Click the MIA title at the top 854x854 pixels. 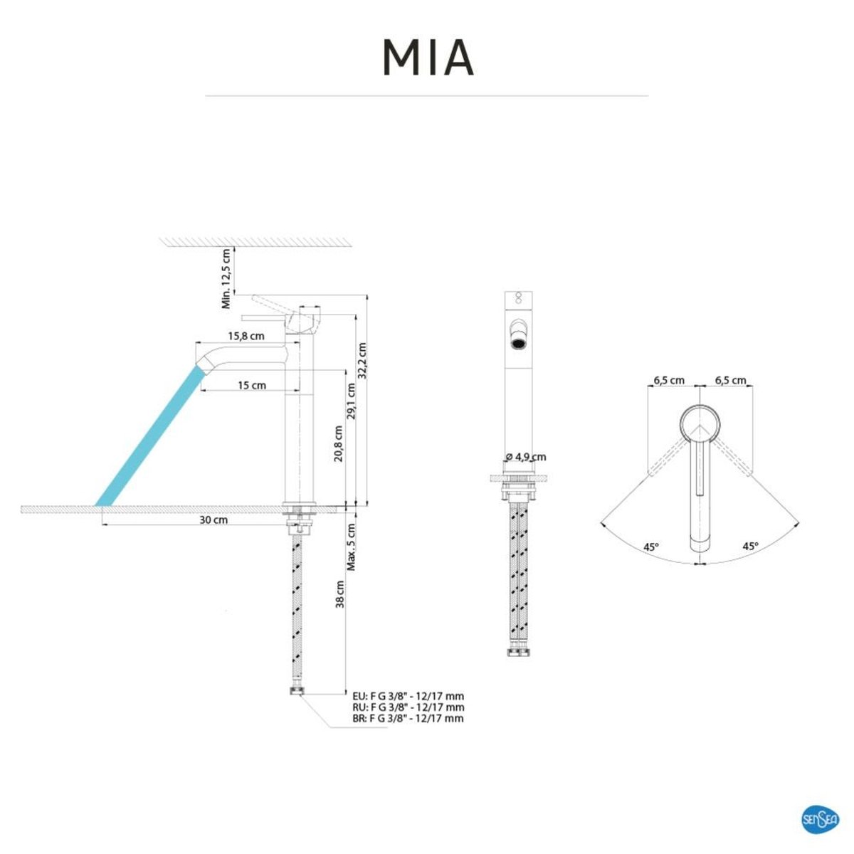[x=428, y=58]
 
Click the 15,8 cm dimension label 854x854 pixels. [x=246, y=336]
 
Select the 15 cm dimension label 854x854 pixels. [x=252, y=385]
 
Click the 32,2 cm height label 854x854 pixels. [x=362, y=360]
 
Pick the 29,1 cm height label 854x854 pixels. [x=351, y=401]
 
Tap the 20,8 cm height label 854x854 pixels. [x=339, y=443]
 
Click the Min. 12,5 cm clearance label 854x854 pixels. [x=226, y=278]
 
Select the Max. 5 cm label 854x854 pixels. [x=351, y=547]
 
